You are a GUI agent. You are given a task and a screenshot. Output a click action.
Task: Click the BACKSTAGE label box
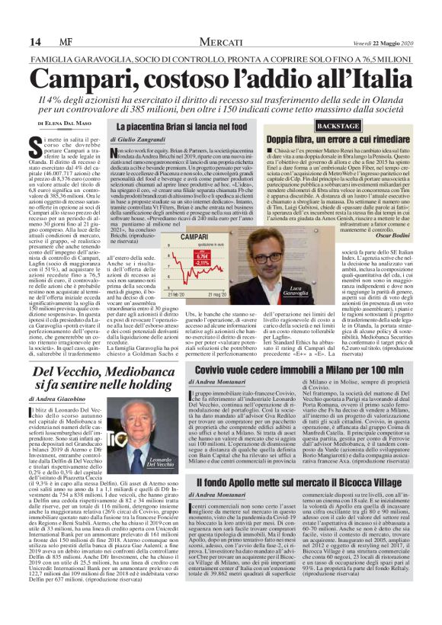click(295, 124)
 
